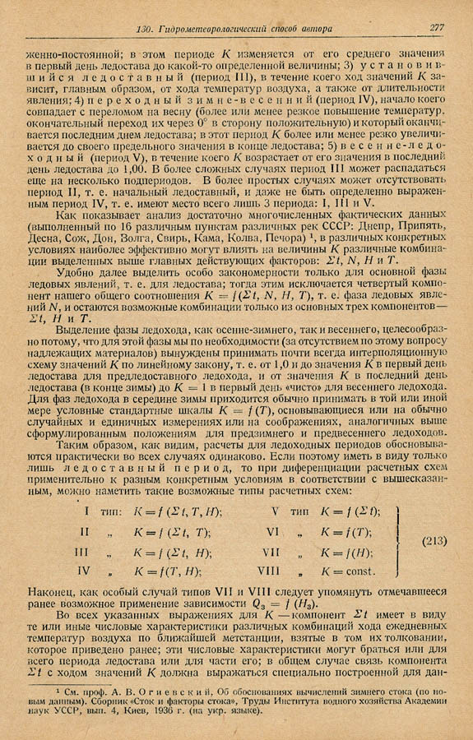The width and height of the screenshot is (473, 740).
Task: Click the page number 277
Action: pyautogui.click(x=436, y=28)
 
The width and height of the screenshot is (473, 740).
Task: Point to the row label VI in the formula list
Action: pyautogui.click(x=276, y=530)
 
